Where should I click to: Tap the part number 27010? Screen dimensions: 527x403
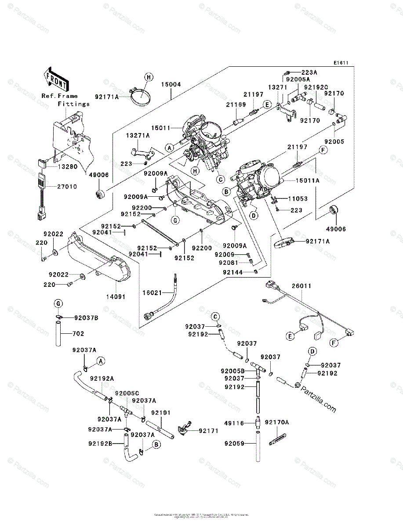pos(66,187)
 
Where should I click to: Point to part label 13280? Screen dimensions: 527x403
pos(66,167)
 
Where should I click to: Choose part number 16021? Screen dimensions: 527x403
pos(152,292)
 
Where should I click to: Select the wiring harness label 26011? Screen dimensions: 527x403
pos(301,286)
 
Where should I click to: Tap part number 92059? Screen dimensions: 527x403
pos(235,444)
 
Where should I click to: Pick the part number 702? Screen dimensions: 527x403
pos(78,334)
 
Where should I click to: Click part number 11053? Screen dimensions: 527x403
pos(298,199)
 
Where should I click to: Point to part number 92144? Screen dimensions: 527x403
pos(232,272)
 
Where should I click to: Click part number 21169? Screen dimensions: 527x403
pos(236,104)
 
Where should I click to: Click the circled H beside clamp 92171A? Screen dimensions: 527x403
pos(149,78)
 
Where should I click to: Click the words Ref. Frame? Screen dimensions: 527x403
pos(60,96)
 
